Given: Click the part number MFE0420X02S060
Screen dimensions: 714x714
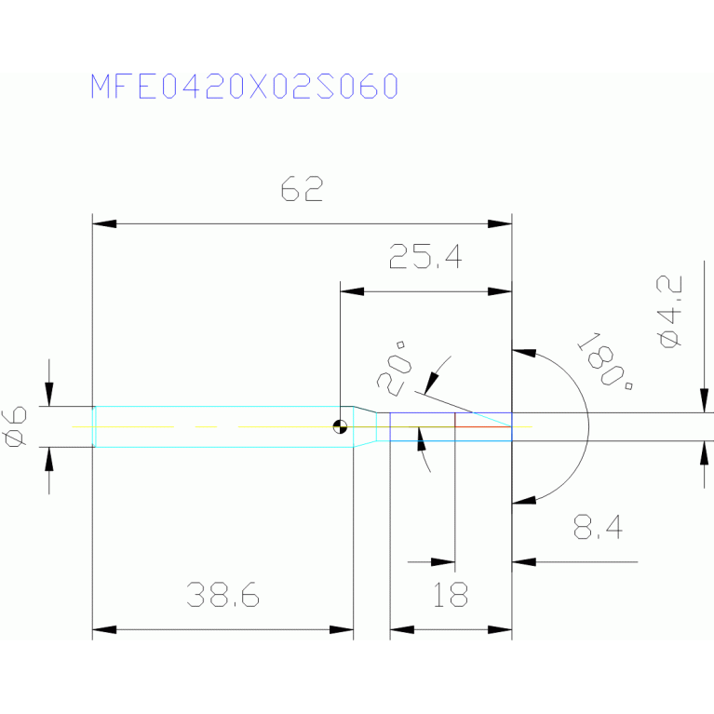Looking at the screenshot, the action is (245, 86).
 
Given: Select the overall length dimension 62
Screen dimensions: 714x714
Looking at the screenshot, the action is (302, 189).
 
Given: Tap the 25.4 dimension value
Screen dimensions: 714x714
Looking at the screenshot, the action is (425, 256).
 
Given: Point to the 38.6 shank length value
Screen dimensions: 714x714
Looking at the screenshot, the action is (222, 594).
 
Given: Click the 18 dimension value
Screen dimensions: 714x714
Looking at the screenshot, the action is (450, 594).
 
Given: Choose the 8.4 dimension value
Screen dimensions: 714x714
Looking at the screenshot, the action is (598, 527).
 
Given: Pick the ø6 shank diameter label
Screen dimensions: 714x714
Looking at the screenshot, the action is (15, 426).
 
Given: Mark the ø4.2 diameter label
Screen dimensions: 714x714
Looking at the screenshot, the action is (669, 312).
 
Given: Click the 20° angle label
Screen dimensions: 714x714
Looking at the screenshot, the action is (394, 369).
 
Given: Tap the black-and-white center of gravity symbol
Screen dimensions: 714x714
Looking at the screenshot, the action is (340, 427).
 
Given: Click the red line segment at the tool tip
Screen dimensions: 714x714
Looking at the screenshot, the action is (483, 426).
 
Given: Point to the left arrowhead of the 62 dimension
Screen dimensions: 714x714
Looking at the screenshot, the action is (104, 223).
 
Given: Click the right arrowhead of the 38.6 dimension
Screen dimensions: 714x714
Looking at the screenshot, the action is (342, 630).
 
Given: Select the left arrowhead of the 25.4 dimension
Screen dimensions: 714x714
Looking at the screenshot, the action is (352, 291).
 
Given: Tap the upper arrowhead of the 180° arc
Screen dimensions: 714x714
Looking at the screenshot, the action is (524, 353).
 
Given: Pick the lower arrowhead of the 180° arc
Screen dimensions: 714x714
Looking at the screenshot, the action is (524, 500).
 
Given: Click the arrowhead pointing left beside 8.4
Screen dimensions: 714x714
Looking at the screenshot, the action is (524, 562).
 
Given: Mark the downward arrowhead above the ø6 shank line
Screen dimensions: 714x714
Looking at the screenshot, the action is (49, 395).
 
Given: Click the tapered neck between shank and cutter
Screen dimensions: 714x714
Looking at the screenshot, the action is (365, 426).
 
